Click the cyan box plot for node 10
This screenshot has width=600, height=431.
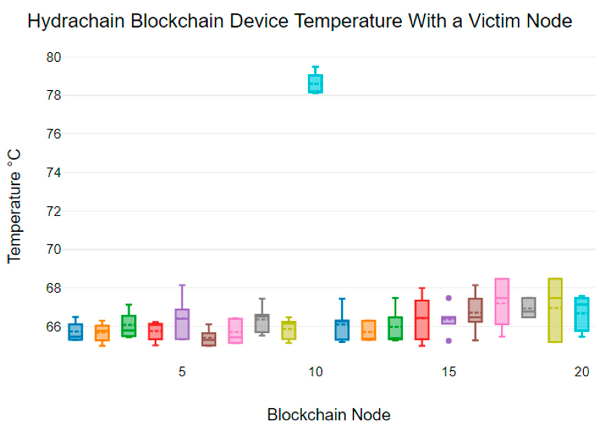[315, 84]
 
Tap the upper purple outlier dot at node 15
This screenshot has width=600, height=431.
[448, 298]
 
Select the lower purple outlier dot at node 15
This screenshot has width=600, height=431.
[448, 341]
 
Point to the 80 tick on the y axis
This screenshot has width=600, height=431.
[53, 57]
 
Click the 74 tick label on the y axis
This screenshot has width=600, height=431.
[53, 173]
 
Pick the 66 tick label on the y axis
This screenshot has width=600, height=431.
[53, 327]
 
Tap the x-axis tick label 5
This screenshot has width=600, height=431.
[182, 372]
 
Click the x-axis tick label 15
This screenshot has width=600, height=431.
[449, 372]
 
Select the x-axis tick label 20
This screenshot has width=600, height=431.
[582, 372]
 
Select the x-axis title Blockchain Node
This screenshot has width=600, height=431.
[329, 415]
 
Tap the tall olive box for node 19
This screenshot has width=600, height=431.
[555, 311]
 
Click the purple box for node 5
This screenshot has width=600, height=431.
[182, 324]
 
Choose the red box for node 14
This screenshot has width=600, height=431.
[422, 320]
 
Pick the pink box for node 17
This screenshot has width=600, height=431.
[502, 302]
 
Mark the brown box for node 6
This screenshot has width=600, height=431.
[209, 339]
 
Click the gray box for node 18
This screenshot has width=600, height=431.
[529, 308]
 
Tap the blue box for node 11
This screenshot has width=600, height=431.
[342, 330]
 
